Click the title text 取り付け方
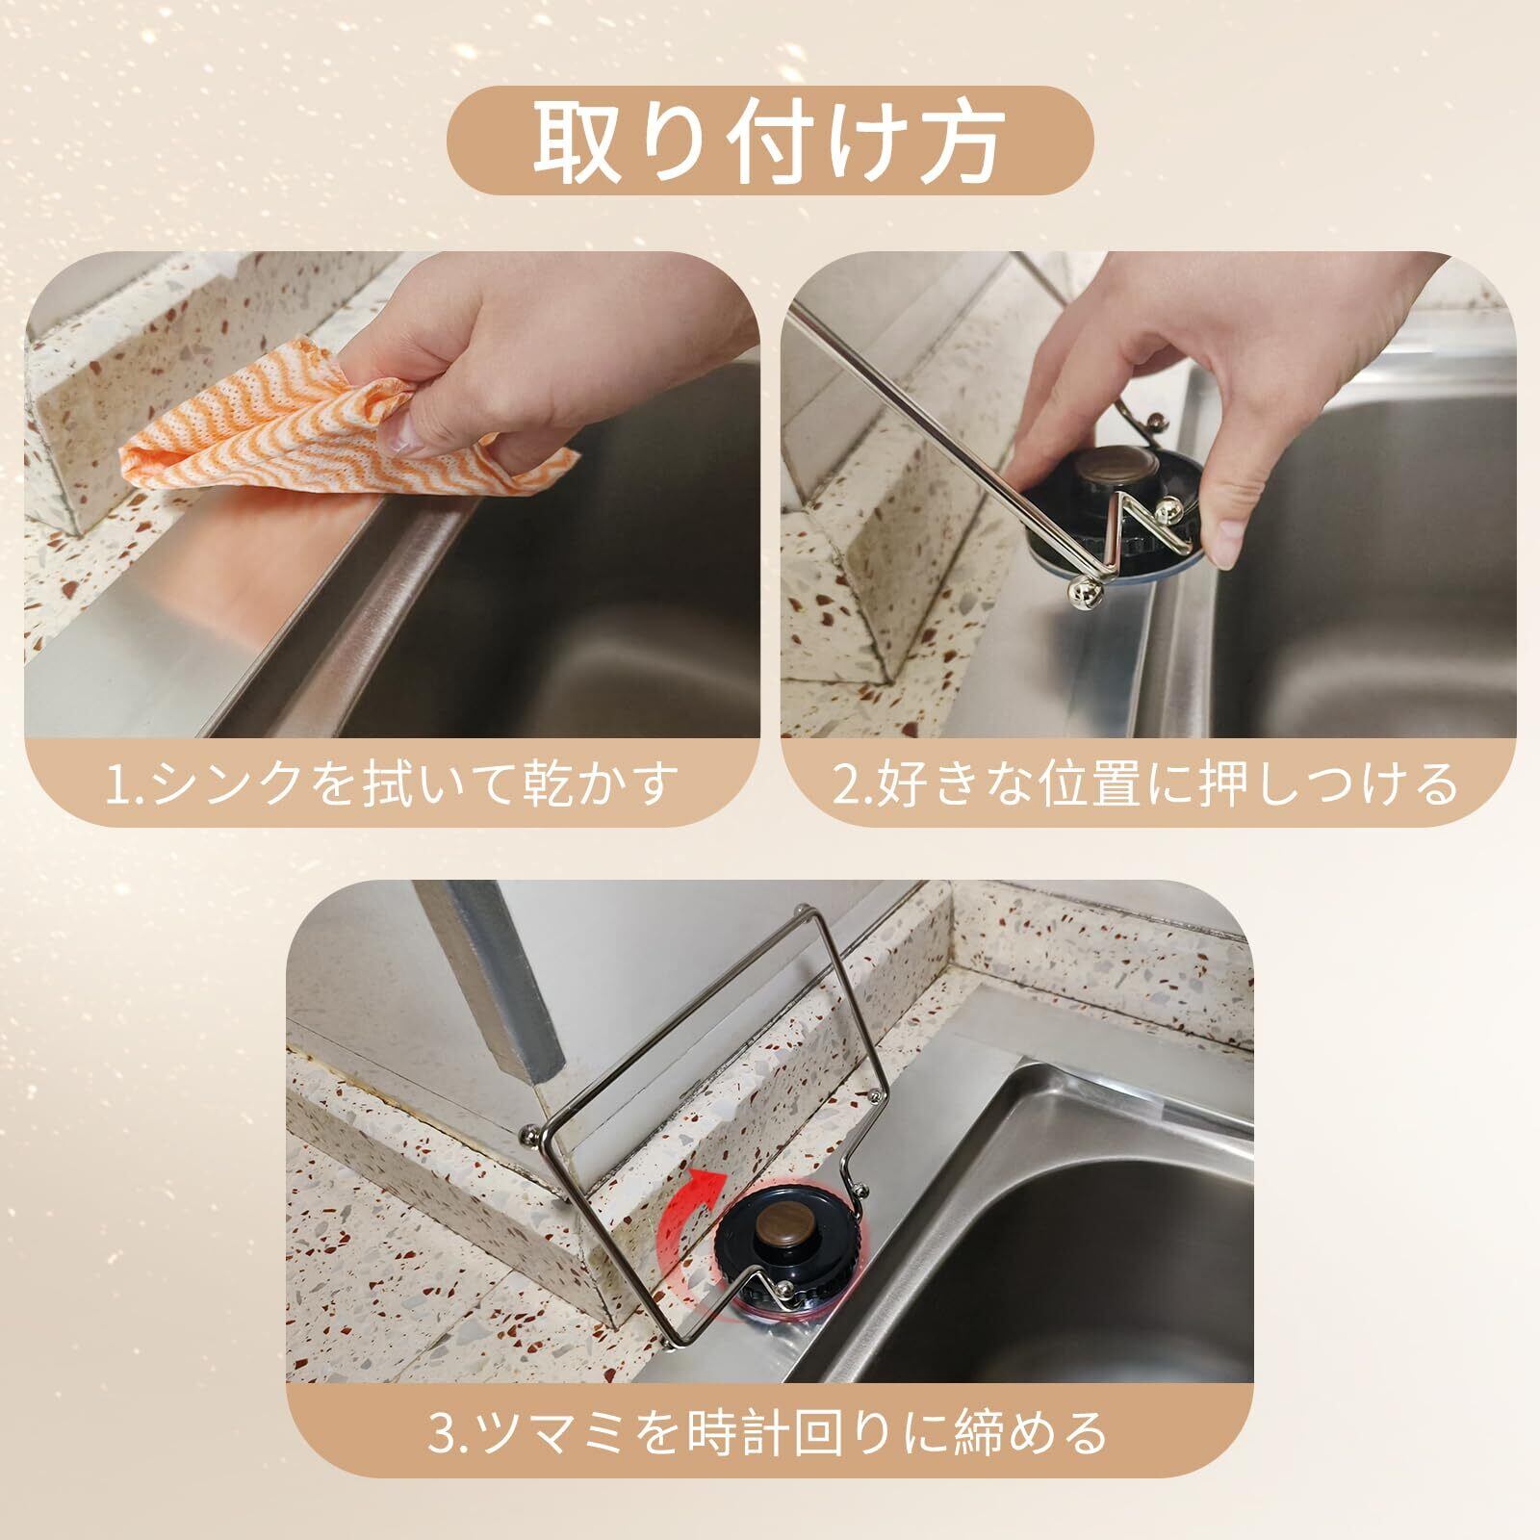770,141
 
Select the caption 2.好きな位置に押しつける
1144,784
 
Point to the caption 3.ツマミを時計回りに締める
769,1433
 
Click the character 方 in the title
959,141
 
